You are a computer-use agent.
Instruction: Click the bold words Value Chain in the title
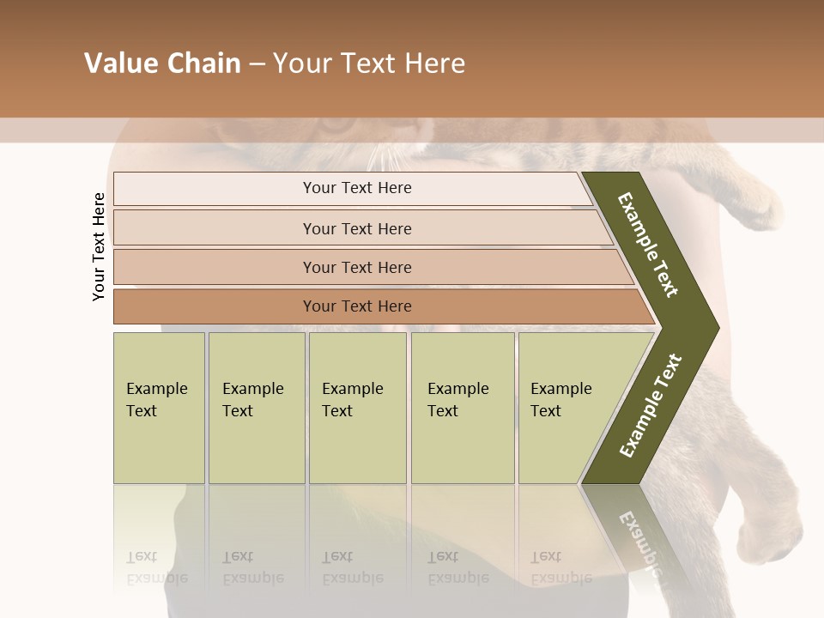coord(162,64)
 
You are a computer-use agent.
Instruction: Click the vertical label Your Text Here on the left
coord(99,246)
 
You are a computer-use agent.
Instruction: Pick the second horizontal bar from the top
coord(357,228)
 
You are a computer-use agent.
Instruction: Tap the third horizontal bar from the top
coord(357,267)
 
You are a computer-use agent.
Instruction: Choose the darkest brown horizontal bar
coord(357,306)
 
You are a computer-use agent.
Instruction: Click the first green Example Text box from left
coord(159,407)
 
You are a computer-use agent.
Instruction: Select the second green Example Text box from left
coord(256,407)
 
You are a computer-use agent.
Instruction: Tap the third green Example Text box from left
coord(357,407)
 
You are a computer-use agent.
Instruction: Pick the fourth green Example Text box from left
coord(462,407)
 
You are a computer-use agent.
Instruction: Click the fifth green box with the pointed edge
coord(566,407)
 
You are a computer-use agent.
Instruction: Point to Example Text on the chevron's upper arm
coord(649,244)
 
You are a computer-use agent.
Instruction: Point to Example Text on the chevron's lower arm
coord(650,406)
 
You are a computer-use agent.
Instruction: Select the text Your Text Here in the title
coord(369,64)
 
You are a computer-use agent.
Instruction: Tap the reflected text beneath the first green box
coord(156,567)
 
